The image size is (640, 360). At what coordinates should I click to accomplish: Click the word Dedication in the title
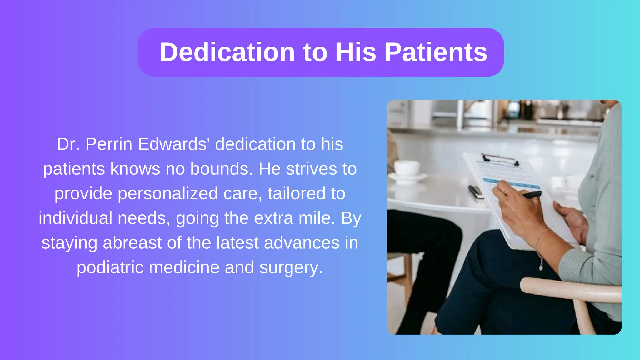tap(227, 52)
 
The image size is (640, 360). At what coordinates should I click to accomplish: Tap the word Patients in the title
tap(436, 52)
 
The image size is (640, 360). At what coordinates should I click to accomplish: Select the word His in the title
tap(356, 52)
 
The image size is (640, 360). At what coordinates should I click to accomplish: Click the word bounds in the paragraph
tap(220, 169)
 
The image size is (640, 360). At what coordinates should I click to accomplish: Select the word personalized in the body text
tap(167, 193)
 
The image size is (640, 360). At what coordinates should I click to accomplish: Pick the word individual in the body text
tap(75, 218)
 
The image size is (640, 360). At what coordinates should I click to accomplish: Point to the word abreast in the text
tap(132, 243)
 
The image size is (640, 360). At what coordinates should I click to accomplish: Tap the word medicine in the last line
tap(184, 267)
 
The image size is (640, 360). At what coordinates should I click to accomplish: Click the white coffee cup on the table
tap(406, 169)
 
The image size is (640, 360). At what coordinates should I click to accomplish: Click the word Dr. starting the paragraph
tap(68, 144)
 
